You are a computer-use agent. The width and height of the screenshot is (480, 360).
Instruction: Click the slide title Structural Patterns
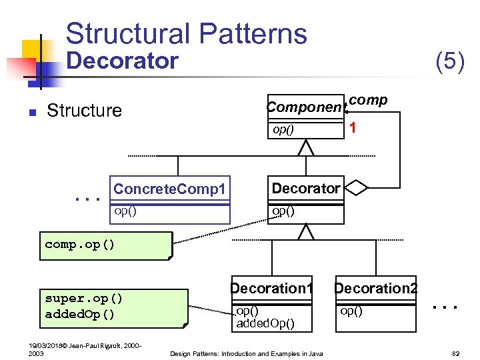coord(187,33)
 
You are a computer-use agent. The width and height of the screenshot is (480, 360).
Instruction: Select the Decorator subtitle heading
coord(123,61)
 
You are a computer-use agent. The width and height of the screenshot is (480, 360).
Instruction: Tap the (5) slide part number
coord(449,61)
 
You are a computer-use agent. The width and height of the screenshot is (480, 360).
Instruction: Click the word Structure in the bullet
coord(85,111)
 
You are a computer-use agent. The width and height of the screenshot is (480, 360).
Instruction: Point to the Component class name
coord(306,107)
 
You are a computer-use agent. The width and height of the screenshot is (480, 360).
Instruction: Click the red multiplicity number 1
coord(354,129)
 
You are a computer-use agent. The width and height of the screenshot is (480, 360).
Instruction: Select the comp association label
coord(368,99)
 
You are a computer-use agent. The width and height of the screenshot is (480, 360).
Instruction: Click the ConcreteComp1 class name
coord(169,189)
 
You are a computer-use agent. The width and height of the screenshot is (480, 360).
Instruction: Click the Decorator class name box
coord(305,189)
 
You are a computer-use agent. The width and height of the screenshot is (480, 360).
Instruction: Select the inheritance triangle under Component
coord(305,147)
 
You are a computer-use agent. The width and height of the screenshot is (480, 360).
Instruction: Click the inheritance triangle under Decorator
coord(305,231)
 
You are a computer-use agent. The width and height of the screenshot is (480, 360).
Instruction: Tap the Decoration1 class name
coord(271,289)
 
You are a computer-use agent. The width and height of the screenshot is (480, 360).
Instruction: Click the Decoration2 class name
coord(376,289)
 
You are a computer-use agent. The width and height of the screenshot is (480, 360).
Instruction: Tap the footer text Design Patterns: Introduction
coord(246,353)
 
